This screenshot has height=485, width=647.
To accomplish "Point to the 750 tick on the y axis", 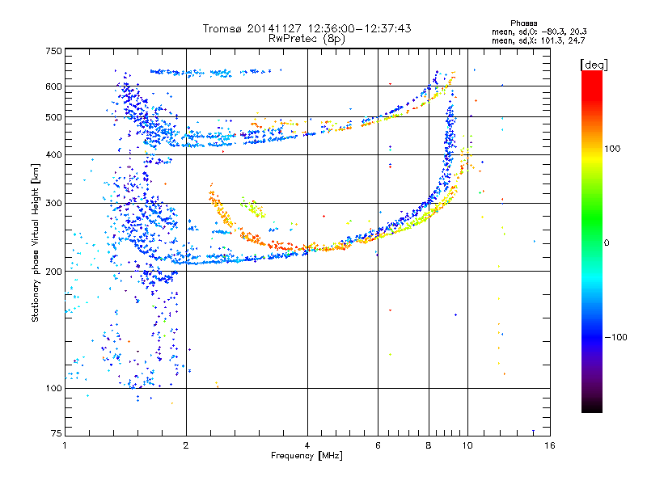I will click(x=53, y=50).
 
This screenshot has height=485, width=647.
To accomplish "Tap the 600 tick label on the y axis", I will click(x=53, y=86).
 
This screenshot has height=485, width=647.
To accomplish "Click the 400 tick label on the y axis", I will click(x=53, y=155).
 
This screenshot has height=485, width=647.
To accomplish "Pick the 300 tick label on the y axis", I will click(x=53, y=204).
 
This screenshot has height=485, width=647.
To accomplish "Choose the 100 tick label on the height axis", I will click(x=53, y=389).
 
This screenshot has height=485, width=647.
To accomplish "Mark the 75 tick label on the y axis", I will click(x=56, y=434).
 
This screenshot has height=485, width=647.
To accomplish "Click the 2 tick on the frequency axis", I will click(x=186, y=445).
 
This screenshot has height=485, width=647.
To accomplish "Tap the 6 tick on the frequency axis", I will click(x=378, y=445).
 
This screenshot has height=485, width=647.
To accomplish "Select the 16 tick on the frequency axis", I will click(x=549, y=445).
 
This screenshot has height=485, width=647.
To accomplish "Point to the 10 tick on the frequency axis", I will click(x=467, y=445).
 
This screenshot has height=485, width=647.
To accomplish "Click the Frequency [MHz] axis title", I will click(x=307, y=456).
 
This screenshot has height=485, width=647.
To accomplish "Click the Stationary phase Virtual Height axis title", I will click(x=36, y=242).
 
